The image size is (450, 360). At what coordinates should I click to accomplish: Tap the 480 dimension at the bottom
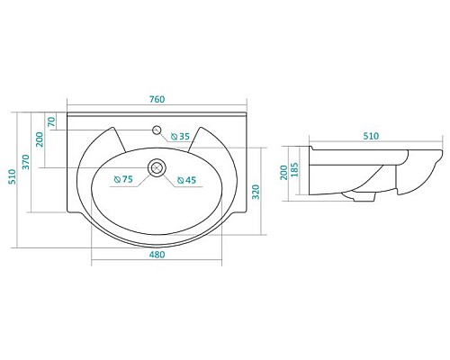coord(156,256)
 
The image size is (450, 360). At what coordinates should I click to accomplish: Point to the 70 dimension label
coord(51,121)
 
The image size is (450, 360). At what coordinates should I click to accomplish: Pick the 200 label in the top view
coord(39,140)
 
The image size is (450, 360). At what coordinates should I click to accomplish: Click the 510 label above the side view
coord(370,136)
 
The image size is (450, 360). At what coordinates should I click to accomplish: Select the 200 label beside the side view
coord(283,170)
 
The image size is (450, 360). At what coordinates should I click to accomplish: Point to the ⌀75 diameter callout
coord(123,180)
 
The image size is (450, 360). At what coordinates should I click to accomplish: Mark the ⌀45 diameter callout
coord(186,180)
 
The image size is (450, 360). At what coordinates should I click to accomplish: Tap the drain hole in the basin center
coord(157,166)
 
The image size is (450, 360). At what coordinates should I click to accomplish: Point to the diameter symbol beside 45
coord(179,180)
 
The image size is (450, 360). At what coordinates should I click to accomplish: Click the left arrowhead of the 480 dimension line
coord(94,263)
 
